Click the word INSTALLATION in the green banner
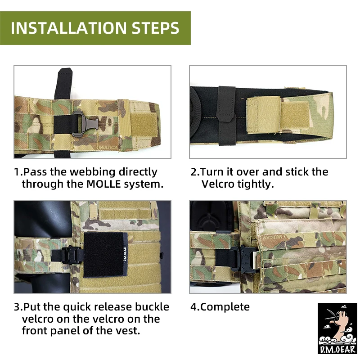(x=68, y=28)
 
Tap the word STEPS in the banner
(x=155, y=28)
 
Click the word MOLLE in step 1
(x=103, y=184)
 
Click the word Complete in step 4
(x=225, y=307)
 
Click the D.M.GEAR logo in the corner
(x=337, y=328)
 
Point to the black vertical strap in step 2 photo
(x=227, y=116)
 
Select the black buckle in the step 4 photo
(x=243, y=258)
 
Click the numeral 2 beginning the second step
(x=193, y=172)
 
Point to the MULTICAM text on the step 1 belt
(x=108, y=148)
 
